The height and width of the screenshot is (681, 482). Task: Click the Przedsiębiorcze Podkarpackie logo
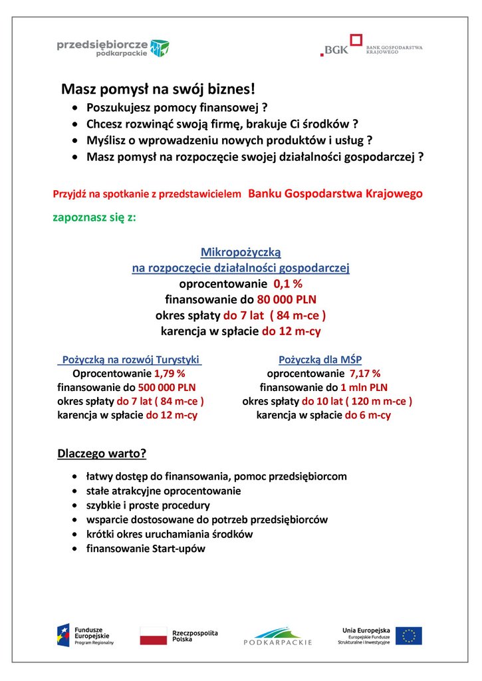[x=112, y=47]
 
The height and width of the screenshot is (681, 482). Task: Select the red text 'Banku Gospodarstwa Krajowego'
[x=335, y=194]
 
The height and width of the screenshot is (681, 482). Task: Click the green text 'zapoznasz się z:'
[x=94, y=217]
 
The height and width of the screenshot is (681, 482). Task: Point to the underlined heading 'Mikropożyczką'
[x=241, y=252]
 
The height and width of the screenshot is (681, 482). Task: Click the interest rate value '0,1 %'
[x=288, y=284]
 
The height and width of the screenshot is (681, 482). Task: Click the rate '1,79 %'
[x=170, y=373]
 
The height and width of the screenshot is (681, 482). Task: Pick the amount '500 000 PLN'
[x=167, y=387]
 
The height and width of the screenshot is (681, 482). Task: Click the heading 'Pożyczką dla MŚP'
[x=320, y=359]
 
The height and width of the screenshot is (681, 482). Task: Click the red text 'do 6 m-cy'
[x=368, y=415]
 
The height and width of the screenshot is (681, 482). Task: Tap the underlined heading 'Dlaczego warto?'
[x=102, y=454]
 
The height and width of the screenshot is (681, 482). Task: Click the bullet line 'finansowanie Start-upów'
[x=146, y=549]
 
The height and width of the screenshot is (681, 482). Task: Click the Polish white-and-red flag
[x=153, y=635]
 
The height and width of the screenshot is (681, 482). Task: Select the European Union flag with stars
[x=408, y=636]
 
